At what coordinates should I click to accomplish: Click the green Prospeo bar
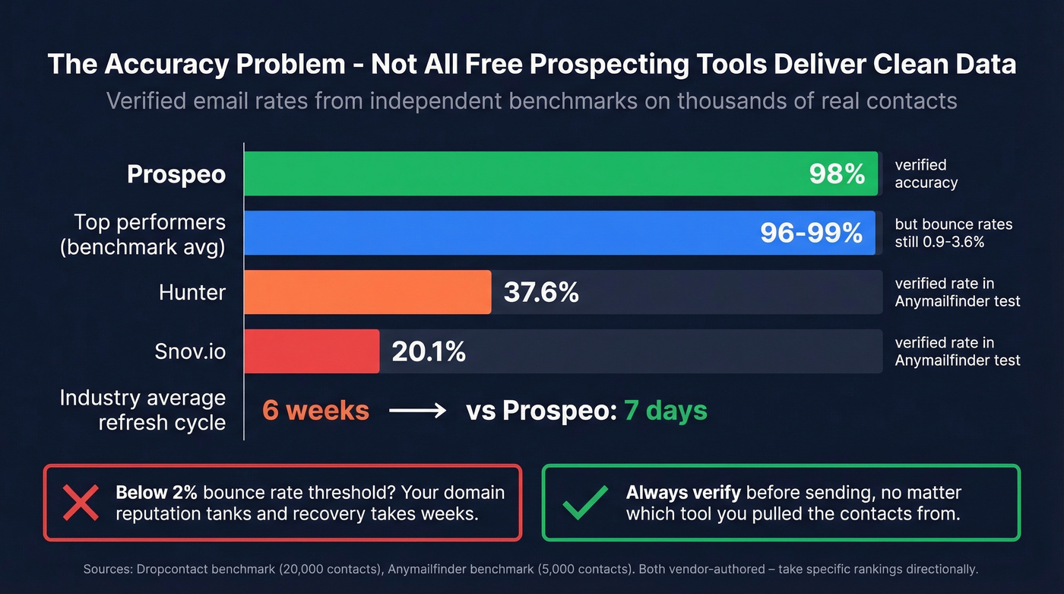[x=532, y=174]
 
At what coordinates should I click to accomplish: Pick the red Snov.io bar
[x=312, y=351]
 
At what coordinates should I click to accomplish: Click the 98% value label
[x=837, y=174]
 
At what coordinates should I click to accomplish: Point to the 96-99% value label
[x=811, y=233]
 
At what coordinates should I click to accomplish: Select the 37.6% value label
[x=540, y=292]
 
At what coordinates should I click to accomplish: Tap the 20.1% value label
[x=428, y=351]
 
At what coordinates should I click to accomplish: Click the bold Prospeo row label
[x=176, y=174]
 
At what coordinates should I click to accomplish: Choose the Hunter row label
[x=192, y=292]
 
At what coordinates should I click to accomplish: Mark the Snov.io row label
[x=190, y=351]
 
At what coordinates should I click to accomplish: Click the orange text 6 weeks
[x=315, y=411]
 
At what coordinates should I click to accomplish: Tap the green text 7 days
[x=665, y=411]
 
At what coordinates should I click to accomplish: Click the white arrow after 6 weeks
[x=417, y=411]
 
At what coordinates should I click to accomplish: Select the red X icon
[x=80, y=503]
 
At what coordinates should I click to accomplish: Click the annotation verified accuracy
[x=926, y=173]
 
